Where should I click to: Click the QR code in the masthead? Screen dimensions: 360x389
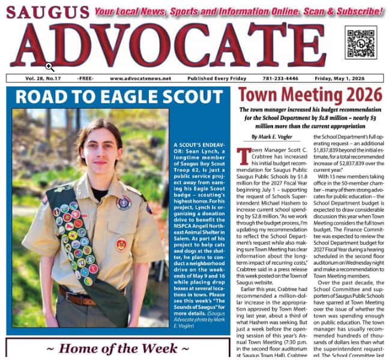point(361,43)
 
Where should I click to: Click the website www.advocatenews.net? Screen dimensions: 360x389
point(140,79)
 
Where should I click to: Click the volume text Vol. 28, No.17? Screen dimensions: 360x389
point(43,79)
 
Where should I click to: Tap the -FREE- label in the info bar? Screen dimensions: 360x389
point(85,79)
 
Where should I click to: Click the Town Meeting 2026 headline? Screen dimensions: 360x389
point(310,95)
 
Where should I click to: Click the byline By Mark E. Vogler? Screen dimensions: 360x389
point(271,137)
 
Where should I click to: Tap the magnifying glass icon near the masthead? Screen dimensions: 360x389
point(50,67)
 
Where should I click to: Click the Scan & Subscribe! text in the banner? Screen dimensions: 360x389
point(339,11)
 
